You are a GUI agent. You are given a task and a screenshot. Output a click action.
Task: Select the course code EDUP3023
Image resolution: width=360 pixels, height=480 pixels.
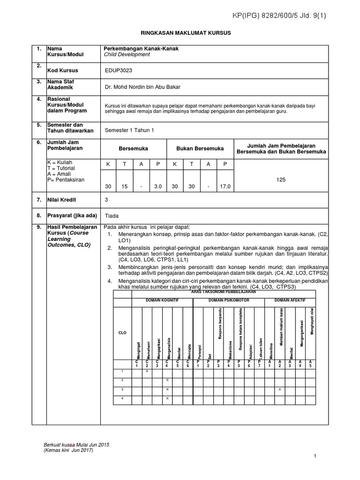pyautogui.click(x=120, y=71)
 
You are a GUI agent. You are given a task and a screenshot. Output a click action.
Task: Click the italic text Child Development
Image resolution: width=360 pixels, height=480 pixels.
pyautogui.click(x=127, y=54)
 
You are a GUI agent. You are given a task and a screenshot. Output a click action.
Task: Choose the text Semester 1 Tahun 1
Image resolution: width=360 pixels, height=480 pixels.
pyautogui.click(x=130, y=131)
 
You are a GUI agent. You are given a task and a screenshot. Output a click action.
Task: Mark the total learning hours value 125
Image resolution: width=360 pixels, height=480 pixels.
pyautogui.click(x=281, y=180)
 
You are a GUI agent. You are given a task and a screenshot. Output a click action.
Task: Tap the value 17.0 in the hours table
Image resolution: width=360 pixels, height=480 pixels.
pyautogui.click(x=225, y=187)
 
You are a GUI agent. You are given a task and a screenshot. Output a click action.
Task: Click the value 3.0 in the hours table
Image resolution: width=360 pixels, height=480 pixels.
pyautogui.click(x=158, y=187)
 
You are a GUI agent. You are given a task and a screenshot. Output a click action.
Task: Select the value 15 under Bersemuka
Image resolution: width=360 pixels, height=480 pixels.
pyautogui.click(x=125, y=187)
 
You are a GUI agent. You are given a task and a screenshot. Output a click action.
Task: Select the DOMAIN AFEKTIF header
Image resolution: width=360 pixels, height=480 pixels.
pyautogui.click(x=290, y=300)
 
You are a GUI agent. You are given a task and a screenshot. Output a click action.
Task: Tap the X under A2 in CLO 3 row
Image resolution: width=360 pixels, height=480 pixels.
pyautogui.click(x=280, y=389)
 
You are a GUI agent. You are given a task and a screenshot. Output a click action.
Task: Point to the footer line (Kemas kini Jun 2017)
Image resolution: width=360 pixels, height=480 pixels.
pyautogui.click(x=68, y=450)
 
